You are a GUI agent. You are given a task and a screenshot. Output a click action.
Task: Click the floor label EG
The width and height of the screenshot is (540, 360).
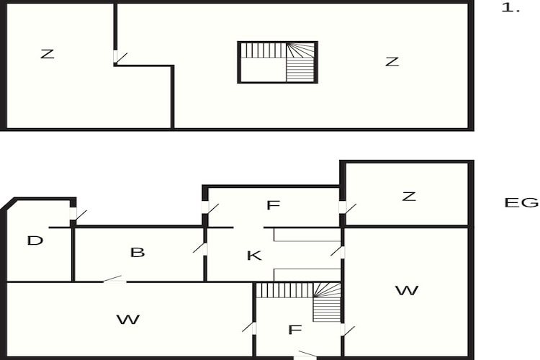pyautogui.click(x=521, y=202)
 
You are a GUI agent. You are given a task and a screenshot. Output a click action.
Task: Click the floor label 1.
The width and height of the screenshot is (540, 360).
pyautogui.click(x=510, y=8)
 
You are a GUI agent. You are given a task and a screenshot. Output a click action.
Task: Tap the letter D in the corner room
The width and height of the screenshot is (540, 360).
pyautogui.click(x=35, y=240)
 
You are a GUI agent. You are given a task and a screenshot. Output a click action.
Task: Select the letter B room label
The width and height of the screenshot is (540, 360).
pyautogui.click(x=138, y=253)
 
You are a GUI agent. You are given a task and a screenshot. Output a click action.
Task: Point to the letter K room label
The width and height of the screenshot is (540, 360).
pyautogui.click(x=254, y=256)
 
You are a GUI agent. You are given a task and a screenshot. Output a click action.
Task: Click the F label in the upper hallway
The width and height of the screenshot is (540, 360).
pyautogui.click(x=273, y=205)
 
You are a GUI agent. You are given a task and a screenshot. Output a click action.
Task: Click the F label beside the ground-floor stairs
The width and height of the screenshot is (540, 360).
pyautogui.click(x=294, y=330)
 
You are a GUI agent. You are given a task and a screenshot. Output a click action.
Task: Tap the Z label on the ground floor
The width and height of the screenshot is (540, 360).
pyautogui.click(x=409, y=197)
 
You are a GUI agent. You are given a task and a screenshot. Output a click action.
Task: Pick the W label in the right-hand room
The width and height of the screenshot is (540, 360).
pyautogui.click(x=407, y=290)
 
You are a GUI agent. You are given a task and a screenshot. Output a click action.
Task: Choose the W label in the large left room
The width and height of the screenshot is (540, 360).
pyautogui.click(x=128, y=320)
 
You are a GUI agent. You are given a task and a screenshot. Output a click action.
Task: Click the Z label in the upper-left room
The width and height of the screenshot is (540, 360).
pyautogui.click(x=48, y=54)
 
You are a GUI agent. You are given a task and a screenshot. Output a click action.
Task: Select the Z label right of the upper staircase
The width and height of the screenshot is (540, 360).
pyautogui.click(x=392, y=62)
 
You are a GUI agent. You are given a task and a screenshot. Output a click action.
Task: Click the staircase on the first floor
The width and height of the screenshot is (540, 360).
pyautogui.click(x=278, y=63)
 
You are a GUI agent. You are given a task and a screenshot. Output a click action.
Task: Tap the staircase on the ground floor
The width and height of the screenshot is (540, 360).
pyautogui.click(x=298, y=302)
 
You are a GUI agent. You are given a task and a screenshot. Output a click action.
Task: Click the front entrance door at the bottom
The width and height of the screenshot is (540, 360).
pyautogui.click(x=306, y=355)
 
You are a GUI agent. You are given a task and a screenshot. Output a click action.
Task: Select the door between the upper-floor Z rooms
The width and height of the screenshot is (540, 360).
pyautogui.click(x=120, y=58)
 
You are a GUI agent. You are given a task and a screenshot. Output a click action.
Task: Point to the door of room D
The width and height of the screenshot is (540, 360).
pyautogui.click(x=78, y=215)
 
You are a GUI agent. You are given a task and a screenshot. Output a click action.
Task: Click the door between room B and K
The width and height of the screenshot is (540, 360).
pyautogui.click(x=201, y=248)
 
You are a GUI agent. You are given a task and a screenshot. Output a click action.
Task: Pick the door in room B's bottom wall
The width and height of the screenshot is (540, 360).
pyautogui.click(x=114, y=279)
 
